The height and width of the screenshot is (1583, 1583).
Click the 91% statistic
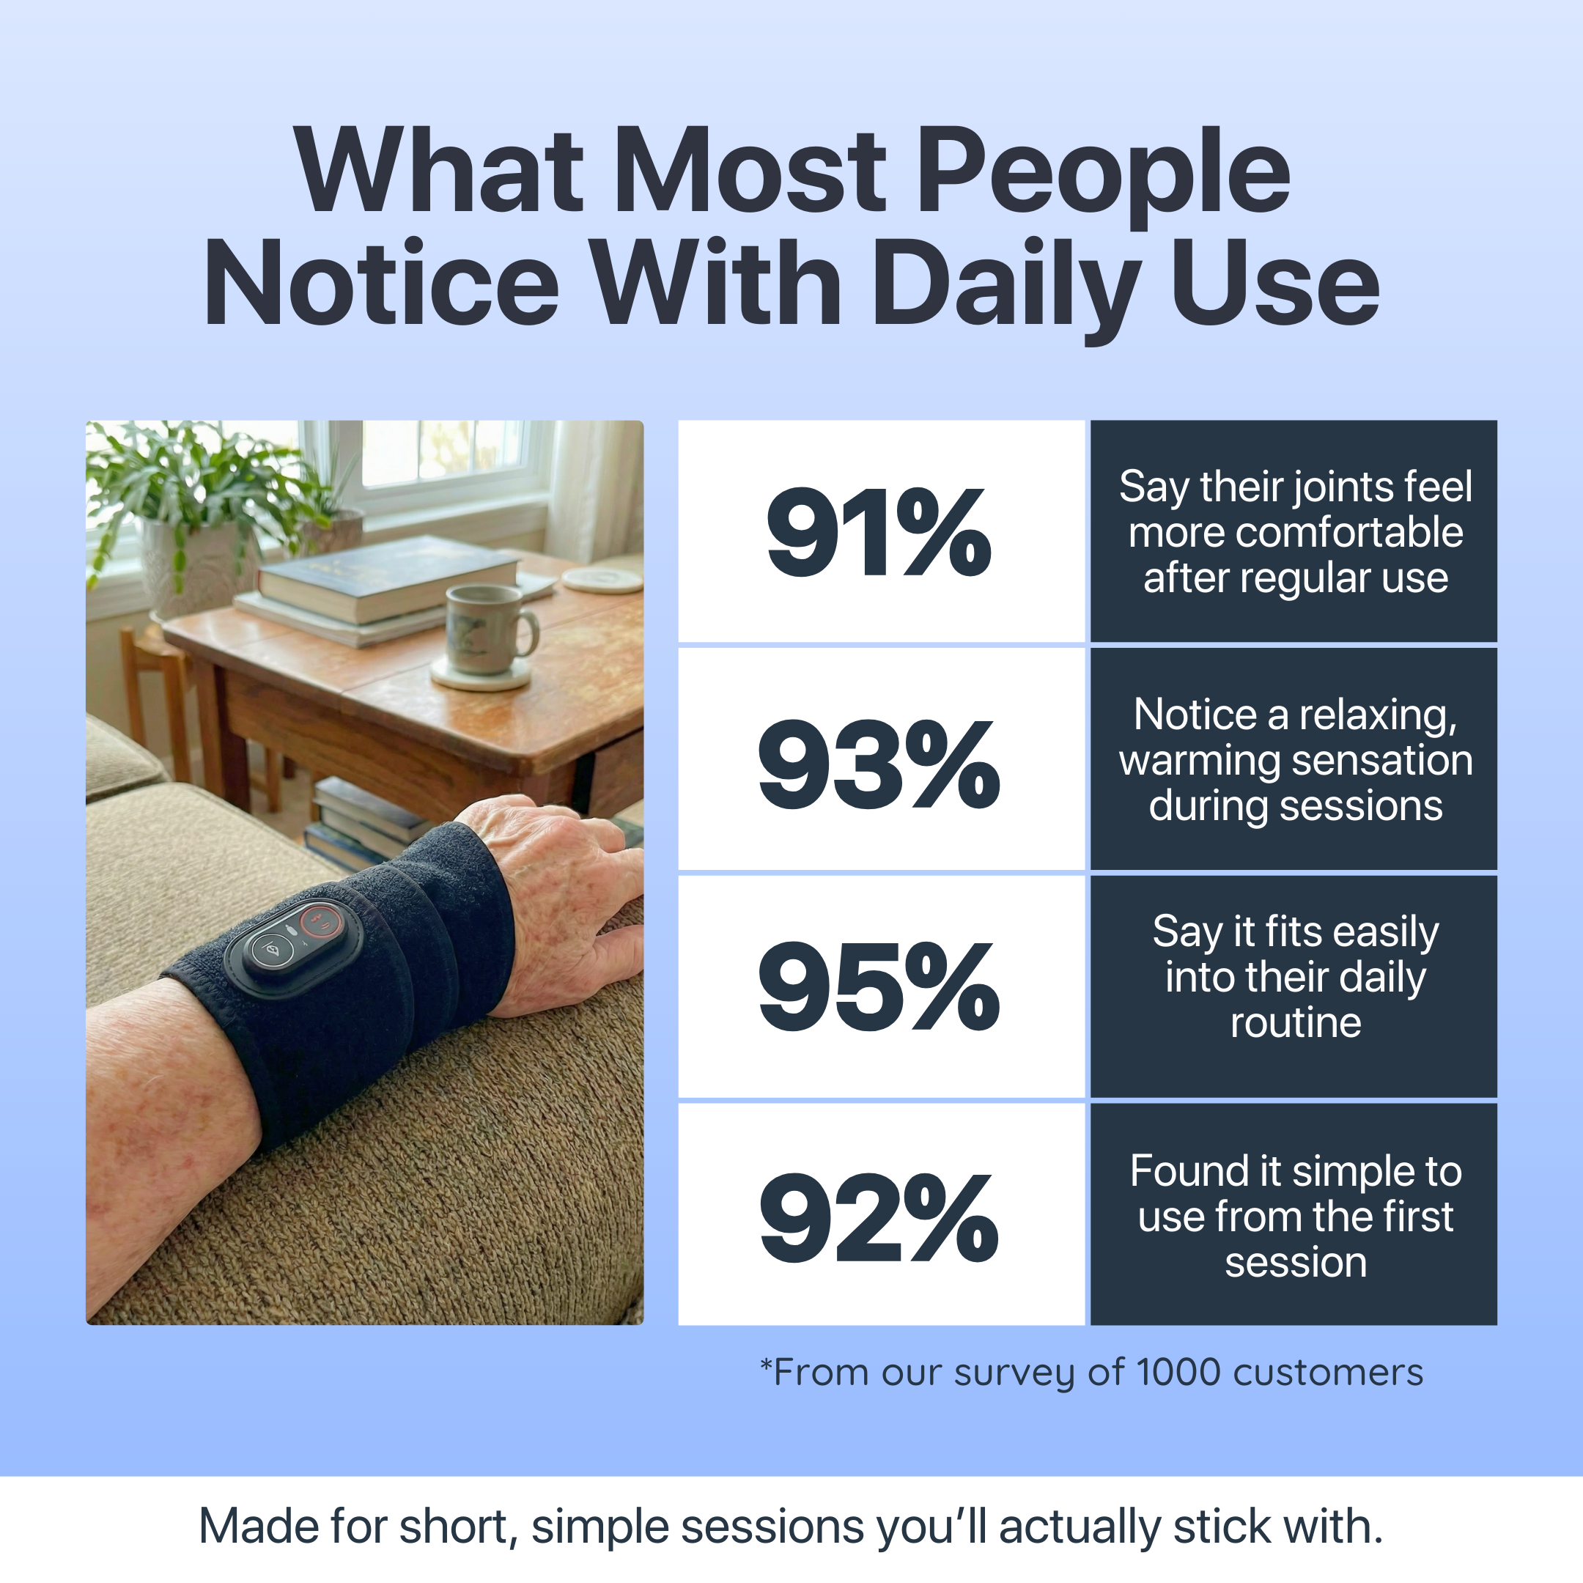[879, 533]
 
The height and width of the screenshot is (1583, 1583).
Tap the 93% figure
[879, 764]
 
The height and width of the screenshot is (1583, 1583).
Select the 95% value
[879, 986]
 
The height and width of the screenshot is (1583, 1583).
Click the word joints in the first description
[1345, 487]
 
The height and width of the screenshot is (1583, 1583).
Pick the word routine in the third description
[1296, 1022]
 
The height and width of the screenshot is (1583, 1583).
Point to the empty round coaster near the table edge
[602, 578]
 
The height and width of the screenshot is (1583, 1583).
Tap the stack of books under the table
[361, 824]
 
